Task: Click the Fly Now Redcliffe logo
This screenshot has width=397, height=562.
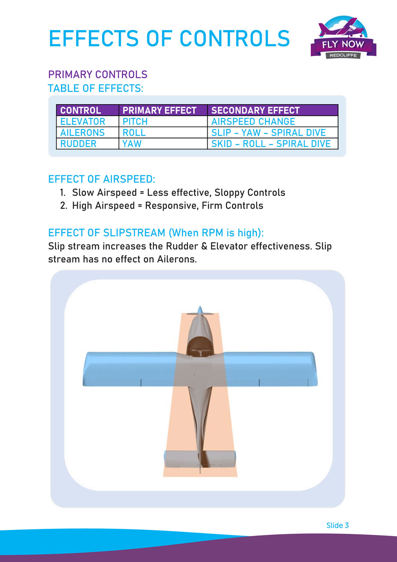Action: point(343,38)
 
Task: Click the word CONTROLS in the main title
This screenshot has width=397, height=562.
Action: point(235,39)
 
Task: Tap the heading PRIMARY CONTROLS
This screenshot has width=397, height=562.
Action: point(98,74)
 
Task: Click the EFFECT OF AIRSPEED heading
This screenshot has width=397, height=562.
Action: point(102,179)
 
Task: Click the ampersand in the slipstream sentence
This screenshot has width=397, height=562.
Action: point(204,246)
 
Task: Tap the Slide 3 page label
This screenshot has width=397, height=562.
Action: point(337,525)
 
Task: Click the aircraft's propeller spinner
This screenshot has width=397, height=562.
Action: point(200,310)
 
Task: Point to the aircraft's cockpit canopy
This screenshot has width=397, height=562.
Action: point(200,346)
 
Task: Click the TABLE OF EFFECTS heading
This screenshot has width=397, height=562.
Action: point(96,88)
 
